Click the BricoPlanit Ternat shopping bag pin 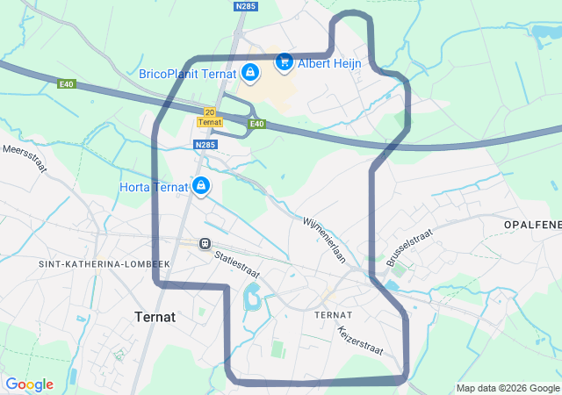250,72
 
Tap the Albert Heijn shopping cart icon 284,62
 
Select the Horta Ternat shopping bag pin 201,185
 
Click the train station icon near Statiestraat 205,243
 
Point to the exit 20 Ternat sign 208,117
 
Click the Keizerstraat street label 361,341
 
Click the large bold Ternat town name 155,316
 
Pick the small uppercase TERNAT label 334,314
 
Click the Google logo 29,384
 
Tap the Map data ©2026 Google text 508,388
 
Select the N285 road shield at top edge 245,5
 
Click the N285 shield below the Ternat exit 205,145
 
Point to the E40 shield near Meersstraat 67,84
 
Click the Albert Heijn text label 330,63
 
